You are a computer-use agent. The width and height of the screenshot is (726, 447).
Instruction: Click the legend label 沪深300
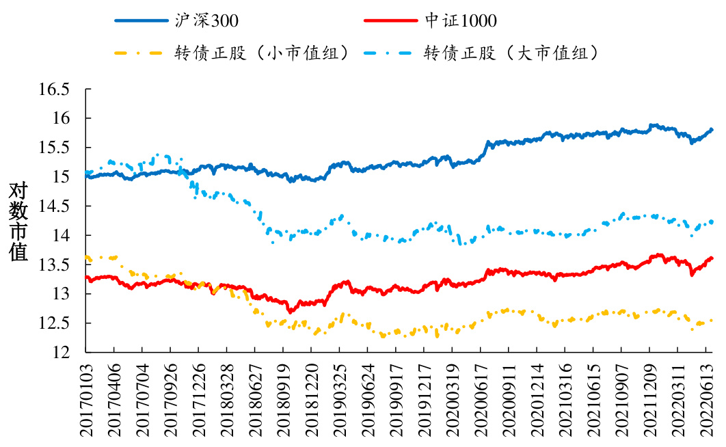click(206, 21)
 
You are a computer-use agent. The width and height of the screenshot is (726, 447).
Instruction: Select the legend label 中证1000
click(460, 21)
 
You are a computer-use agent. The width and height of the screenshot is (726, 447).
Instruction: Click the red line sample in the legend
click(390, 21)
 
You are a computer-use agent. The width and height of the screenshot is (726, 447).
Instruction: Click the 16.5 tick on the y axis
click(55, 90)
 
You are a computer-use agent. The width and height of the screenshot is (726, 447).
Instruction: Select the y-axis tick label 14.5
click(55, 206)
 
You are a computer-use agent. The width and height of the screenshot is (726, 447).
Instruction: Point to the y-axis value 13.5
click(55, 265)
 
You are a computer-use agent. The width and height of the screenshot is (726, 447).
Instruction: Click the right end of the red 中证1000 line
click(712, 258)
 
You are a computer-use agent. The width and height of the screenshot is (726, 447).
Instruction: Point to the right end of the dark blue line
click(712, 129)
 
